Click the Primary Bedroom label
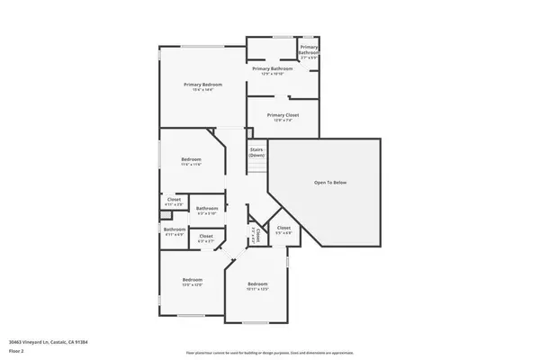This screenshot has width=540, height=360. pyautogui.click(x=202, y=84)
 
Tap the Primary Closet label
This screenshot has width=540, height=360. pyautogui.click(x=283, y=115)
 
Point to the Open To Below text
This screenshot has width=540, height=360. pyautogui.click(x=329, y=183)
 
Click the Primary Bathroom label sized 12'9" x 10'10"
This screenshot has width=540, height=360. pyautogui.click(x=273, y=68)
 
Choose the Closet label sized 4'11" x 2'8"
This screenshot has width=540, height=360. pyautogui.click(x=174, y=200)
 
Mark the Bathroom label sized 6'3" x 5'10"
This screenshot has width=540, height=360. pyautogui.click(x=207, y=208)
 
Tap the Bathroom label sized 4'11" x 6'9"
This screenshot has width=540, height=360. pyautogui.click(x=174, y=229)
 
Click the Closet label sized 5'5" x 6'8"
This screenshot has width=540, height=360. pyautogui.click(x=283, y=228)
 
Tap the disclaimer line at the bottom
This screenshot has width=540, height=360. pyautogui.click(x=269, y=354)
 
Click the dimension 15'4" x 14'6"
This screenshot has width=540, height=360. pyautogui.click(x=202, y=89)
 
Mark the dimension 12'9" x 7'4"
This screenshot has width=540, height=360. pyautogui.click(x=283, y=121)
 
